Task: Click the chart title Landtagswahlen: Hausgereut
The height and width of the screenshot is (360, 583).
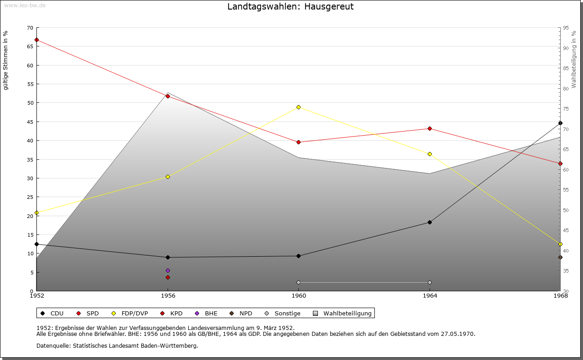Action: [x=290, y=6]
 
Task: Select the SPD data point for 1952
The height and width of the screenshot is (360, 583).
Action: [x=37, y=40]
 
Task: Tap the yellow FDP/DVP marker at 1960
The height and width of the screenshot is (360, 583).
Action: [x=298, y=107]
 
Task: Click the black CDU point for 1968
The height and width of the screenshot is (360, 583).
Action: [x=560, y=123]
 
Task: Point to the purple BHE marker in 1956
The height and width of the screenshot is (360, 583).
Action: [x=168, y=270]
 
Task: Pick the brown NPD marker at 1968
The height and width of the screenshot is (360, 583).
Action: [x=560, y=257]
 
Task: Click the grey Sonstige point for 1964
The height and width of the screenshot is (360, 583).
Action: [x=430, y=282]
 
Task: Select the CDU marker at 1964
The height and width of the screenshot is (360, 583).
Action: [x=430, y=223]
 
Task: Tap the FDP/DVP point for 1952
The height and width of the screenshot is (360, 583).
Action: [x=37, y=213]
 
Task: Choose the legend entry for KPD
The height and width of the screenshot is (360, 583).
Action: [x=172, y=313]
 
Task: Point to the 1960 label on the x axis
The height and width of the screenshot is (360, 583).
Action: [x=299, y=296]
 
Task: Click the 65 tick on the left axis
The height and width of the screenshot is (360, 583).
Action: [x=30, y=46]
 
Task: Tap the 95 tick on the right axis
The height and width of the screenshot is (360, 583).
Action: [x=566, y=28]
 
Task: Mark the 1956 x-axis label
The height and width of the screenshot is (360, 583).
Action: [x=168, y=296]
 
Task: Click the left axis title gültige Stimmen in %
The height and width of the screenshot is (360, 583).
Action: [x=5, y=60]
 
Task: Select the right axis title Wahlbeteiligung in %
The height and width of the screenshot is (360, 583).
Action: [x=574, y=59]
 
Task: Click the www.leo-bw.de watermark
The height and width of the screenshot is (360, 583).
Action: [x=25, y=5]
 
